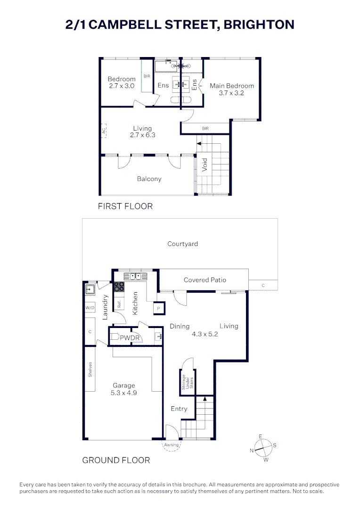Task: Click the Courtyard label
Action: click(x=182, y=244)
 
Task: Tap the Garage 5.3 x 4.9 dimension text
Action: click(x=123, y=393)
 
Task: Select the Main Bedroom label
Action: click(x=232, y=86)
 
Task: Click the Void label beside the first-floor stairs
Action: click(x=205, y=164)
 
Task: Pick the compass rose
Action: click(x=263, y=448)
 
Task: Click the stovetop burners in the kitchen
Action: click(x=119, y=287)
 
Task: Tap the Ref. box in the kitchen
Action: click(x=119, y=304)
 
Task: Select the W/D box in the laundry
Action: click(x=90, y=307)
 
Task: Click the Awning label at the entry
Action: click(x=171, y=445)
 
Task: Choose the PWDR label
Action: click(x=130, y=338)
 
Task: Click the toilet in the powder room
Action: click(x=114, y=337)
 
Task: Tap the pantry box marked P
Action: click(x=159, y=308)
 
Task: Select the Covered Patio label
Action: click(x=205, y=280)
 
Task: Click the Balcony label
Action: click(x=149, y=179)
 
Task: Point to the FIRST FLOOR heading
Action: click(x=125, y=206)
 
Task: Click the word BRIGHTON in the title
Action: click(x=259, y=25)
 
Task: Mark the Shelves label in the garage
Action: click(x=90, y=369)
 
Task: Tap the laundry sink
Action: click(x=90, y=289)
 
